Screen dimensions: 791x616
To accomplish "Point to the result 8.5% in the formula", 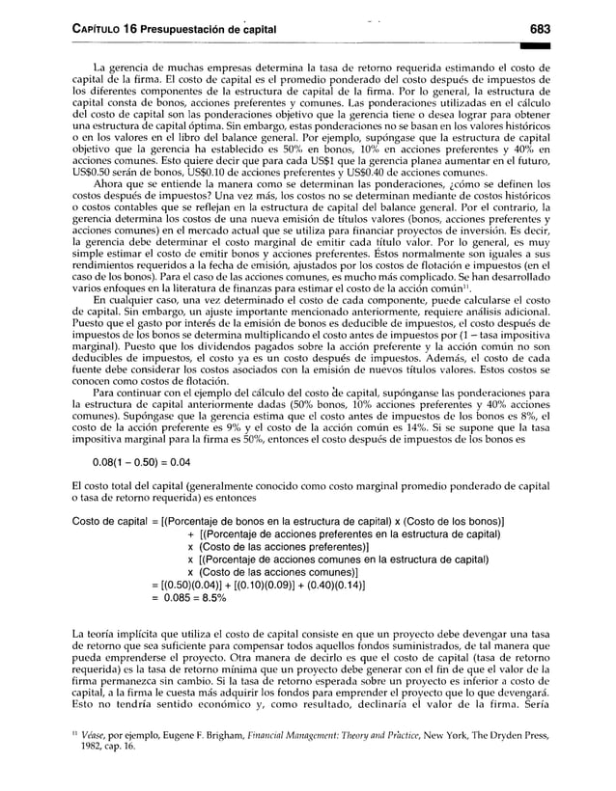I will (207, 597).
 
